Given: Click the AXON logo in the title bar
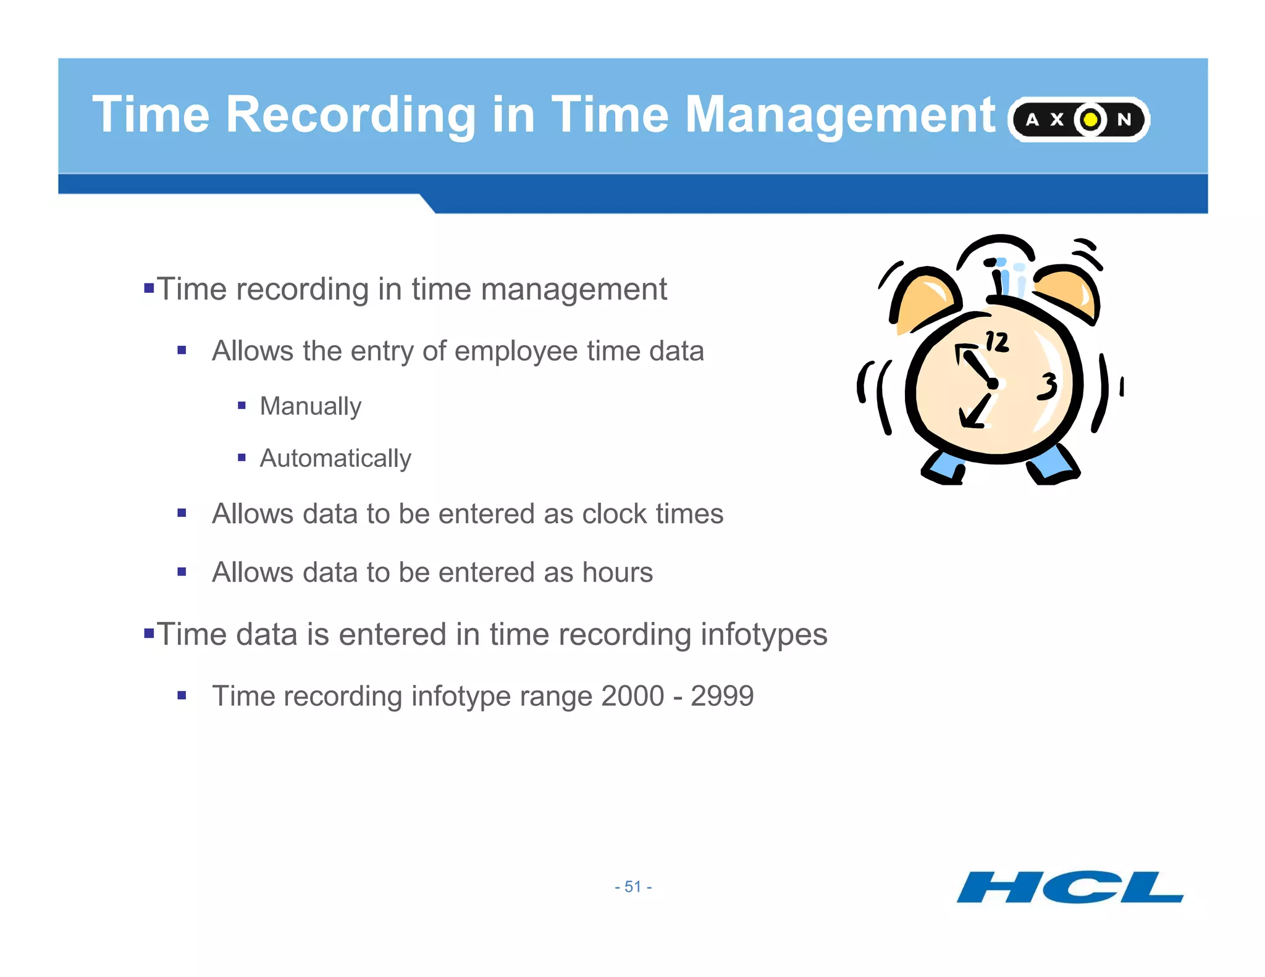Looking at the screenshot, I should click(1078, 119).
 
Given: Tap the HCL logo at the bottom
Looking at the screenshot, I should click(1070, 887).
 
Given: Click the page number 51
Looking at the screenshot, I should click(633, 887).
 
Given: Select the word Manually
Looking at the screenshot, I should click(310, 406).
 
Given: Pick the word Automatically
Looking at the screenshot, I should click(335, 458).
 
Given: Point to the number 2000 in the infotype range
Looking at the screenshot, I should click(632, 696).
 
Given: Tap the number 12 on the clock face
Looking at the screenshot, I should click(996, 342).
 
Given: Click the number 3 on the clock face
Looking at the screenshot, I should click(1048, 387).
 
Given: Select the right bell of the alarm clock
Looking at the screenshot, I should click(1067, 293).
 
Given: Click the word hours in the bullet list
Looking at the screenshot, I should click(617, 572).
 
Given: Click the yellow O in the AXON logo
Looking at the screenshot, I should click(1091, 119).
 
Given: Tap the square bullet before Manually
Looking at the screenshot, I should click(242, 406).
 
